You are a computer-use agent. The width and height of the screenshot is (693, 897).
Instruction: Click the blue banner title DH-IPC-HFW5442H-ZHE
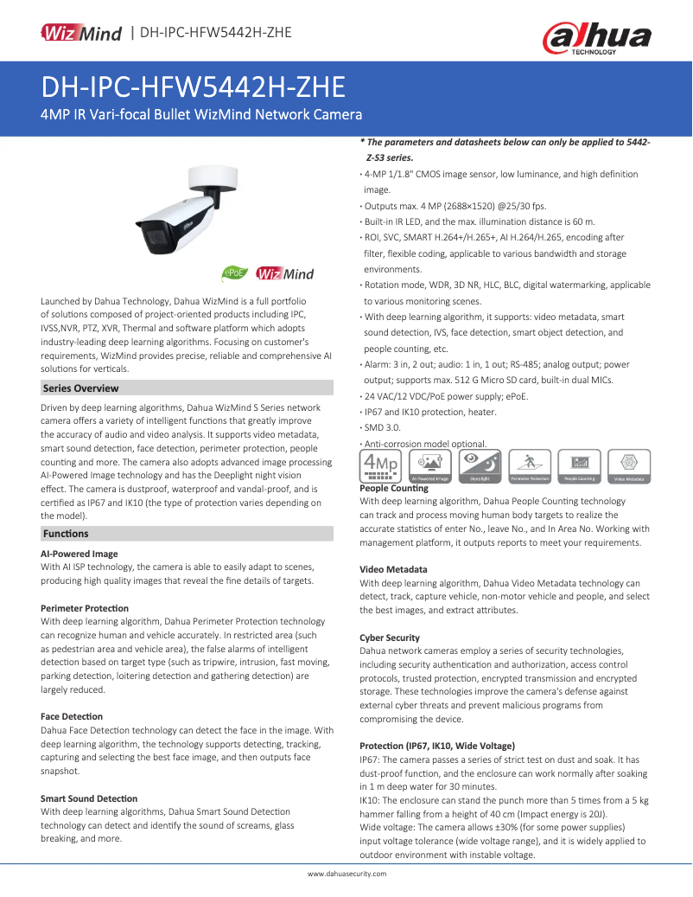pos(194,86)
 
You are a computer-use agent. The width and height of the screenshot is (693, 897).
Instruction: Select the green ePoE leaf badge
pos(236,273)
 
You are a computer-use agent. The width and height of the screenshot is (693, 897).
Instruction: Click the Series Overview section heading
pos(81,388)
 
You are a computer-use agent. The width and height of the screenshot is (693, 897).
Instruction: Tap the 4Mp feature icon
pos(380,465)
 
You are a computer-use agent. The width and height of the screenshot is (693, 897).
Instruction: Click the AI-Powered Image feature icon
pos(429,465)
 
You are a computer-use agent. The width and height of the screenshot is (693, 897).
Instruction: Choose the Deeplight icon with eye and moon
pos(480,465)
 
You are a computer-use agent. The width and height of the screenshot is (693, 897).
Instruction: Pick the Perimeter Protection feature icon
pos(530,465)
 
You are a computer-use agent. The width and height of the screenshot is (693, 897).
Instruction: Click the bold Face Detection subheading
pos(72,716)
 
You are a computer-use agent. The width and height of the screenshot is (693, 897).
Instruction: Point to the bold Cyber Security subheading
pos(390,638)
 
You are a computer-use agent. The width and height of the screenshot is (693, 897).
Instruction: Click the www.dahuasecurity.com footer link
pos(347,874)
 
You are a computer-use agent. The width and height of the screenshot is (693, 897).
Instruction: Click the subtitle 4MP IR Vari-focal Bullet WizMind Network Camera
pos(201,115)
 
